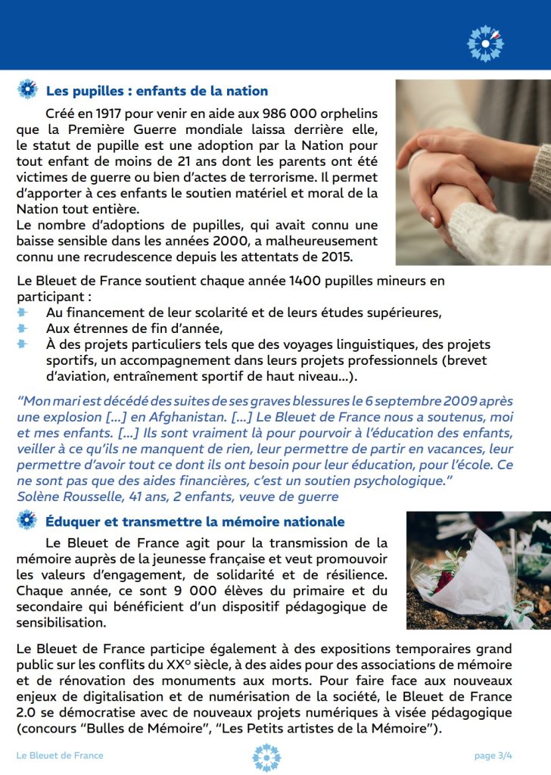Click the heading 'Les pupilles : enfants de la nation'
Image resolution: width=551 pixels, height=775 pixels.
(157, 92)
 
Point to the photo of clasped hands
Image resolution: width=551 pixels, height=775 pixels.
(473, 172)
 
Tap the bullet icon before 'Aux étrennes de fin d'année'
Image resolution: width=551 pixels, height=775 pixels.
(23, 328)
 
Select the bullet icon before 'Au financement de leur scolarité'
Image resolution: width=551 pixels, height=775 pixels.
(23, 312)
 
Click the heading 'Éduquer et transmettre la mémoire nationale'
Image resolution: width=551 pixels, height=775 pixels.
(195, 522)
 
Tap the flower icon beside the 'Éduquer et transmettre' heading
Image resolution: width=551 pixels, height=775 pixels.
(27, 521)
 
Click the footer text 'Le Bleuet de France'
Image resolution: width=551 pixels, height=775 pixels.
(60, 755)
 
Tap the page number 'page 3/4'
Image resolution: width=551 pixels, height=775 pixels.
(494, 755)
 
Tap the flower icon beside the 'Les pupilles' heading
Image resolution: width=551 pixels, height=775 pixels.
(27, 90)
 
